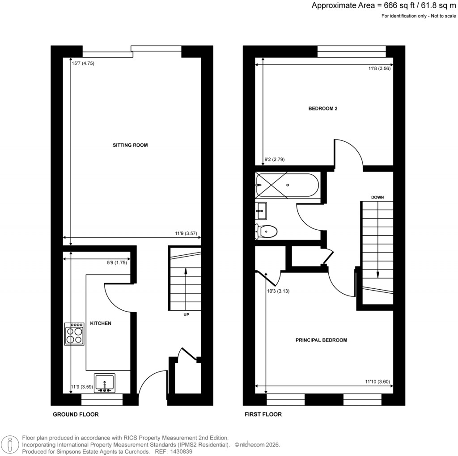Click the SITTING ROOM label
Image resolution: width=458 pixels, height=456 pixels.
pyautogui.click(x=130, y=145)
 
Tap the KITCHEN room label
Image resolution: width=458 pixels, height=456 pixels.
pyautogui.click(x=101, y=323)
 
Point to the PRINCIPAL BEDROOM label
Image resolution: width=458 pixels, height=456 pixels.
pyautogui.click(x=321, y=340)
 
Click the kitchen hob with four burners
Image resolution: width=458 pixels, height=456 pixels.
pyautogui.click(x=75, y=334)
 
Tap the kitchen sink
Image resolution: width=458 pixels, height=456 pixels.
pyautogui.click(x=105, y=383)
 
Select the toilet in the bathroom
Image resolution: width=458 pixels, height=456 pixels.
pyautogui.click(x=266, y=231)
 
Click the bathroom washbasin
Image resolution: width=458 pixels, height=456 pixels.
pyautogui.click(x=261, y=210)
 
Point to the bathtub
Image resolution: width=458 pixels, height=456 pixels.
pyautogui.click(x=287, y=185)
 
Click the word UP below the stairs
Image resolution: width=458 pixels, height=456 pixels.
pyautogui.click(x=187, y=315)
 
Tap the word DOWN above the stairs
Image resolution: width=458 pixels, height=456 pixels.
pyautogui.click(x=378, y=197)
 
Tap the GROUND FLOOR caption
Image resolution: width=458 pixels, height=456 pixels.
pyautogui.click(x=76, y=414)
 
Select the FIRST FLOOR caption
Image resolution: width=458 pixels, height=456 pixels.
pyautogui.click(x=263, y=414)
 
